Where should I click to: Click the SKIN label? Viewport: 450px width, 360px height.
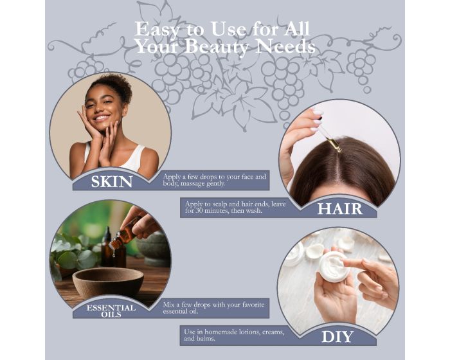click(x=112, y=181)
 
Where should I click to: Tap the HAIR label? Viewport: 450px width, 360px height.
click(x=340, y=209)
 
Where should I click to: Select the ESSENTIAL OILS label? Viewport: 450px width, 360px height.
click(x=111, y=311)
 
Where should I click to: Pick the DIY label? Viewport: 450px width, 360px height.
click(x=337, y=336)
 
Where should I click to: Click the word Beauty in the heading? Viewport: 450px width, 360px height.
click(x=217, y=47)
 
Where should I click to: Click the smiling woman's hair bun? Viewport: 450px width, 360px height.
click(x=113, y=85)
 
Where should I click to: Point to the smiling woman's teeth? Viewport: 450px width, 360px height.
click(x=102, y=118)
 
